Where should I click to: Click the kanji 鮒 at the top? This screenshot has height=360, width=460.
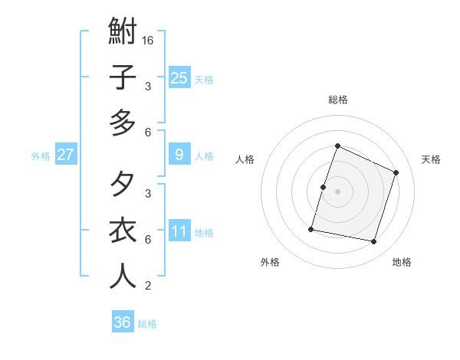(x=123, y=33)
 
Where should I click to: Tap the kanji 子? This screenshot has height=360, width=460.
(x=123, y=77)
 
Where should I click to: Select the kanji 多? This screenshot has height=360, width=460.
(x=123, y=123)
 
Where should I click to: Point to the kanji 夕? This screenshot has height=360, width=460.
(x=123, y=185)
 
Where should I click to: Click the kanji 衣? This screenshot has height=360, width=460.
(x=123, y=231)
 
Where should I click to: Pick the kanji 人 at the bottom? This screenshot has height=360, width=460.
(x=123, y=276)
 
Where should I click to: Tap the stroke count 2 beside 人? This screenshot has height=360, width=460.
(x=147, y=286)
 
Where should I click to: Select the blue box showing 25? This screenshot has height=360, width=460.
(x=179, y=77)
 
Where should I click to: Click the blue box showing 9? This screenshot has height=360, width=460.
(x=179, y=155)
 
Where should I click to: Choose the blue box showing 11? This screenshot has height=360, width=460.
(x=179, y=231)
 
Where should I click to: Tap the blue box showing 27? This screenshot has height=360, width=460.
(x=66, y=155)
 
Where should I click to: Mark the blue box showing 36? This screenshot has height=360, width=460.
(x=123, y=322)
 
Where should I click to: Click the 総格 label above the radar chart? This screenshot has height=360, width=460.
(x=338, y=100)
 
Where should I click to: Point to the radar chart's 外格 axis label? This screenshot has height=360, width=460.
(x=271, y=262)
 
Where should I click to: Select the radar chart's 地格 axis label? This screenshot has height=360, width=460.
(x=402, y=262)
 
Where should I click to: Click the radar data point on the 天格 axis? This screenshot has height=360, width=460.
(x=396, y=172)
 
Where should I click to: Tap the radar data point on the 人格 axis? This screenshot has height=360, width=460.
(x=323, y=187)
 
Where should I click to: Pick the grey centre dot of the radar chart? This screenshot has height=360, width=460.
(x=338, y=191)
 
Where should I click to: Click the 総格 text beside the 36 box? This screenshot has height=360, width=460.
(x=148, y=324)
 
